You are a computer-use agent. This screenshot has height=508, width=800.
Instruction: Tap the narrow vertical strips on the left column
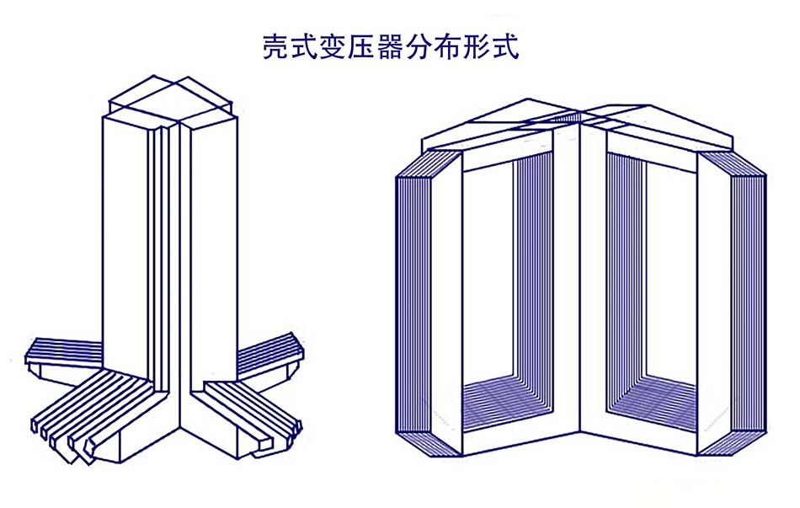pos(161,253)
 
